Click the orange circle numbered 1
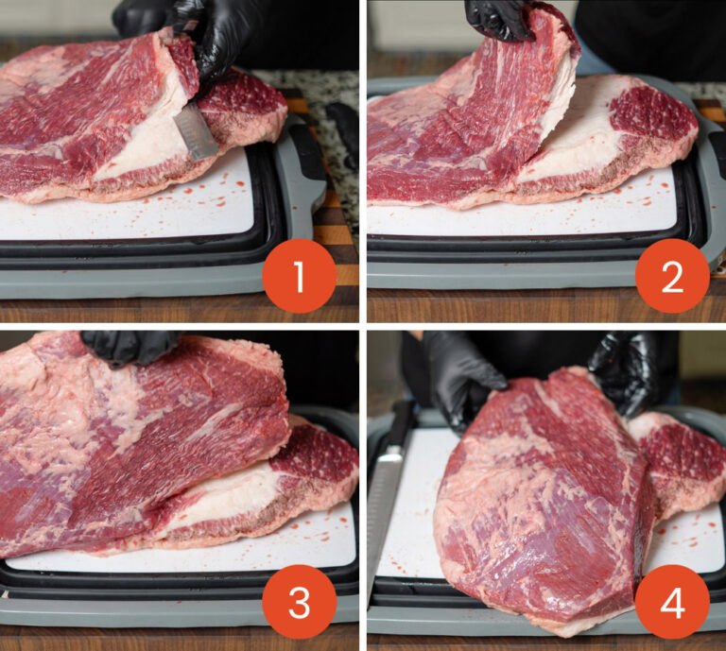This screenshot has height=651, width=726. [299, 276]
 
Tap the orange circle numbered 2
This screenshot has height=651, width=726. [672, 276]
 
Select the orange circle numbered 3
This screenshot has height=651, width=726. [299, 602]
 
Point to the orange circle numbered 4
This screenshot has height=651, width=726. [672, 602]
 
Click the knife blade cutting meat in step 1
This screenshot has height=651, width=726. [195, 132]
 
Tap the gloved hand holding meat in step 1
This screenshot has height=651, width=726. [204, 32]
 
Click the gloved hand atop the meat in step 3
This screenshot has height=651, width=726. [130, 348]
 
